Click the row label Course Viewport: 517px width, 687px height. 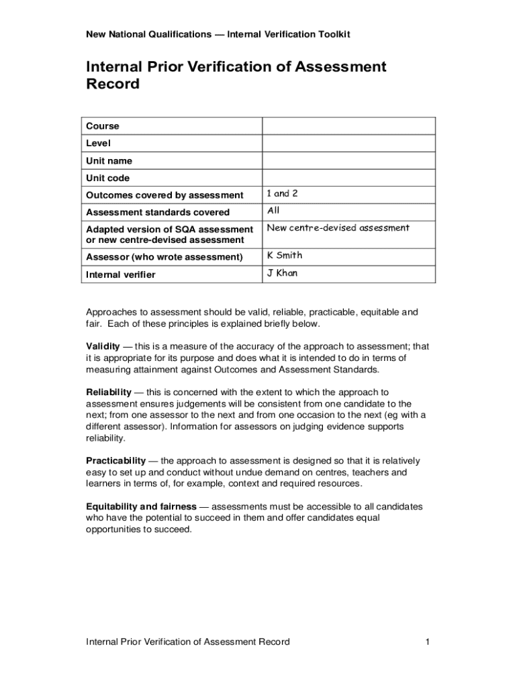click(102, 126)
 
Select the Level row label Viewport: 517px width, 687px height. click(98, 144)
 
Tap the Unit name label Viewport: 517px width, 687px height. click(109, 161)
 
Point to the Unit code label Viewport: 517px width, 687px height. click(107, 178)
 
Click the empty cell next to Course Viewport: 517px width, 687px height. click(348, 126)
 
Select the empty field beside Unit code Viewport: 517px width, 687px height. click(348, 178)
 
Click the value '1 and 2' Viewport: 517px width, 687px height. click(282, 194)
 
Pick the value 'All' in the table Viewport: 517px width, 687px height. click(273, 211)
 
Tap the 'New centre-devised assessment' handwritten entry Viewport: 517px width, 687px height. click(338, 228)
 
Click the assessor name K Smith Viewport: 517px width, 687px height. click(285, 256)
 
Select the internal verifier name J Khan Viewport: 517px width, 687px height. click(282, 274)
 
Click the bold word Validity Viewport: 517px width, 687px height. click(103, 347)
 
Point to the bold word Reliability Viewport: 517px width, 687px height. click(108, 392)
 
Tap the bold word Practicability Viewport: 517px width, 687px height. click(115, 461)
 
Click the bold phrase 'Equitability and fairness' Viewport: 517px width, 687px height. click(141, 507)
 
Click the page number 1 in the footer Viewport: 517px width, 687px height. click(426, 642)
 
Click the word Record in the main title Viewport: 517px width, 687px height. click(113, 85)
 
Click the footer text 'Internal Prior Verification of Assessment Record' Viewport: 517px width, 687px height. click(187, 642)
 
